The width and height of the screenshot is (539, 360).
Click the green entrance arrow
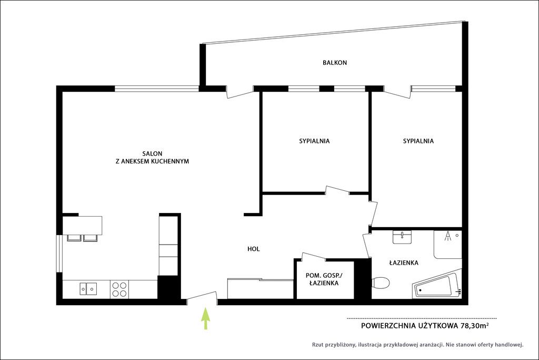click(x=206, y=319)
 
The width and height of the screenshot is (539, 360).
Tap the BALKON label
click(x=335, y=63)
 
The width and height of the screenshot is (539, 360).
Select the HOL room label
click(x=254, y=249)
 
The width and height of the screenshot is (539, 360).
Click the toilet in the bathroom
click(x=381, y=283)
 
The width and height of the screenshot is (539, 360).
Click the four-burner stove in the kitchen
click(x=119, y=289)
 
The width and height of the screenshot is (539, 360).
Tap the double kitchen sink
click(x=88, y=288)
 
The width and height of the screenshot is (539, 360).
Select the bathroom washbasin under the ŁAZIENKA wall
click(x=402, y=237)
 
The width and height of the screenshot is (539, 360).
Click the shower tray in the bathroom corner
click(x=447, y=245)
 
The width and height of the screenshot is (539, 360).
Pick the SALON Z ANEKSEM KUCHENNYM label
click(x=152, y=157)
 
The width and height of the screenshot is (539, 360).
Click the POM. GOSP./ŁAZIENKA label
click(x=324, y=279)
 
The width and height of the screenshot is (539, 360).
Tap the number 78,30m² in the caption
click(x=474, y=326)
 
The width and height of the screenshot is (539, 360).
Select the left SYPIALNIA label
click(x=314, y=141)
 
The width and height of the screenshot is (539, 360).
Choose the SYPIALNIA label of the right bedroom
click(x=418, y=141)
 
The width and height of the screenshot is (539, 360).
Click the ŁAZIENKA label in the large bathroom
click(x=404, y=263)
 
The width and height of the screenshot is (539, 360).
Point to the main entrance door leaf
click(x=202, y=297)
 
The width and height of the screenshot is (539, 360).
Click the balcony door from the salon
click(x=240, y=93)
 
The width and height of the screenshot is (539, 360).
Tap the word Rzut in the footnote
click(x=317, y=345)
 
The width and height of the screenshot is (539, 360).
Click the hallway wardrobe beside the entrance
click(x=260, y=288)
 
